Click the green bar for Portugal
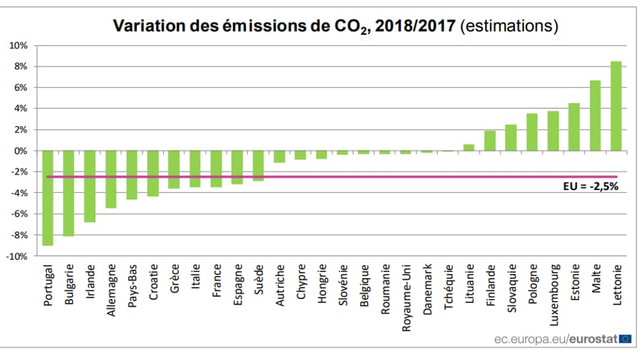click(x=48, y=197)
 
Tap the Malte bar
click(x=595, y=115)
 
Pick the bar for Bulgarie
click(x=69, y=193)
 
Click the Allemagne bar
click(x=111, y=179)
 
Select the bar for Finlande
click(x=490, y=140)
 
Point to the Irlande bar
click(x=90, y=186)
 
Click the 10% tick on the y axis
click(x=18, y=46)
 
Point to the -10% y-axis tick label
click(x=16, y=256)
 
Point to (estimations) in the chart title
click(x=510, y=26)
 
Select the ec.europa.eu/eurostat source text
click(x=555, y=339)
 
